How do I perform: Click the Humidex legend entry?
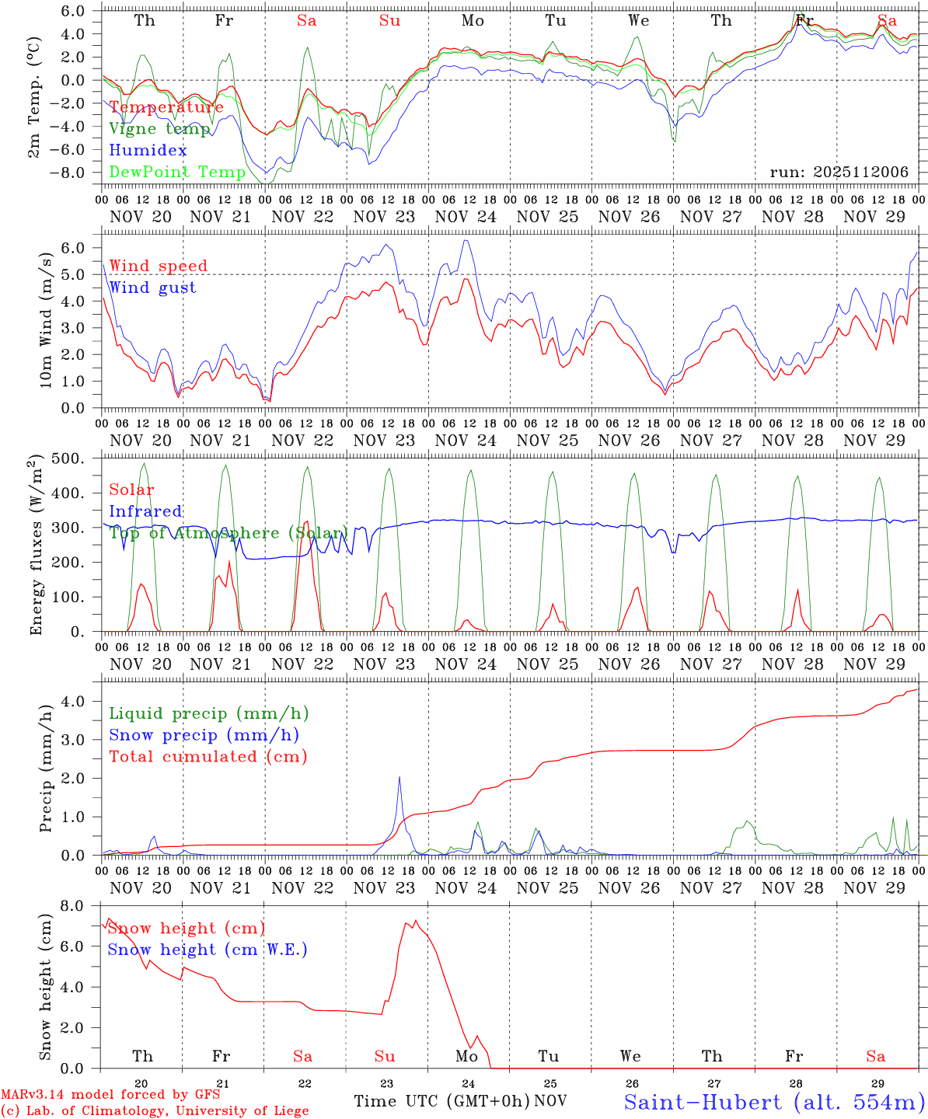coord(148,151)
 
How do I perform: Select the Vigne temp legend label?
coord(159,129)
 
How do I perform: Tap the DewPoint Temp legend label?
coord(177,173)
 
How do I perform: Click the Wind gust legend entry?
coord(152,288)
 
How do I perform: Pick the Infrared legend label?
coord(145,511)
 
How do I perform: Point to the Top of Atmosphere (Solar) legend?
coord(228,533)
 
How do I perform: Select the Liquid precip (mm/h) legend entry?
coord(209,713)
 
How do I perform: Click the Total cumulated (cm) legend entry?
coord(208,757)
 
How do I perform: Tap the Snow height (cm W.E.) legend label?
coord(208,950)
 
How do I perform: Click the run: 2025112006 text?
coord(839,173)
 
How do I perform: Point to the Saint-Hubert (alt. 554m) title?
coord(774,1102)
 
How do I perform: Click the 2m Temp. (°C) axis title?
coord(34,95)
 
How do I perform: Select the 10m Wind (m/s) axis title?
coord(47,318)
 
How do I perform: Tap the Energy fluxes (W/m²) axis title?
coord(36,546)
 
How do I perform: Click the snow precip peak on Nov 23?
coord(399,776)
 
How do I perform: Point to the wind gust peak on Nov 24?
coord(466,240)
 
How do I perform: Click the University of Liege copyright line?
coord(155,1111)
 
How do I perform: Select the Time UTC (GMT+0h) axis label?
coord(441,1101)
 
